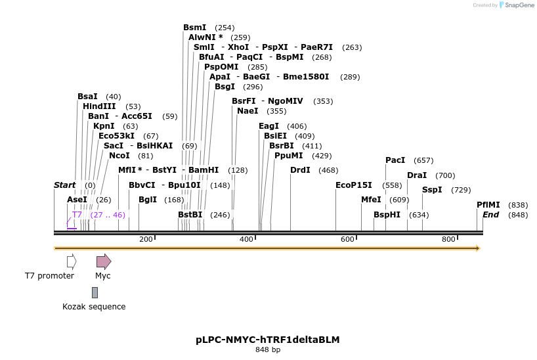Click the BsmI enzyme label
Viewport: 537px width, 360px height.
tap(194, 28)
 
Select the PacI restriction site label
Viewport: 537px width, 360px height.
tap(395, 160)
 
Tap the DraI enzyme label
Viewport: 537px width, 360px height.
tap(417, 175)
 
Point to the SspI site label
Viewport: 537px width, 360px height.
tap(432, 190)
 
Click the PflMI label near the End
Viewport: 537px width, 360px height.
tap(488, 205)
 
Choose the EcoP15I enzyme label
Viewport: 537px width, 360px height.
tap(353, 185)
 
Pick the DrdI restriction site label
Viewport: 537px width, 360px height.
tap(300, 170)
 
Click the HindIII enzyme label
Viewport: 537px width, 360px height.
tap(99, 106)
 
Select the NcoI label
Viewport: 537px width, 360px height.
tap(119, 156)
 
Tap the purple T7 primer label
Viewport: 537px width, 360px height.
tap(77, 215)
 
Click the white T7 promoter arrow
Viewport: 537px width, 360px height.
tap(72, 261)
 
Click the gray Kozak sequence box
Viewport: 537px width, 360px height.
tap(95, 292)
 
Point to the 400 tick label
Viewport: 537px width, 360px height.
tap(246, 239)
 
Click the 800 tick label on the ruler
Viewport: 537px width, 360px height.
tap(448, 239)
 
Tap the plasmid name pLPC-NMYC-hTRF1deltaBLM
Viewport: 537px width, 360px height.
tap(267, 340)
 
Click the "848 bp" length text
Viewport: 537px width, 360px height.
tap(268, 350)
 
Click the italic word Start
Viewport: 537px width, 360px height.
tap(64, 185)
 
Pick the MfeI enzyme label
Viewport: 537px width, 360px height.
tap(371, 200)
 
